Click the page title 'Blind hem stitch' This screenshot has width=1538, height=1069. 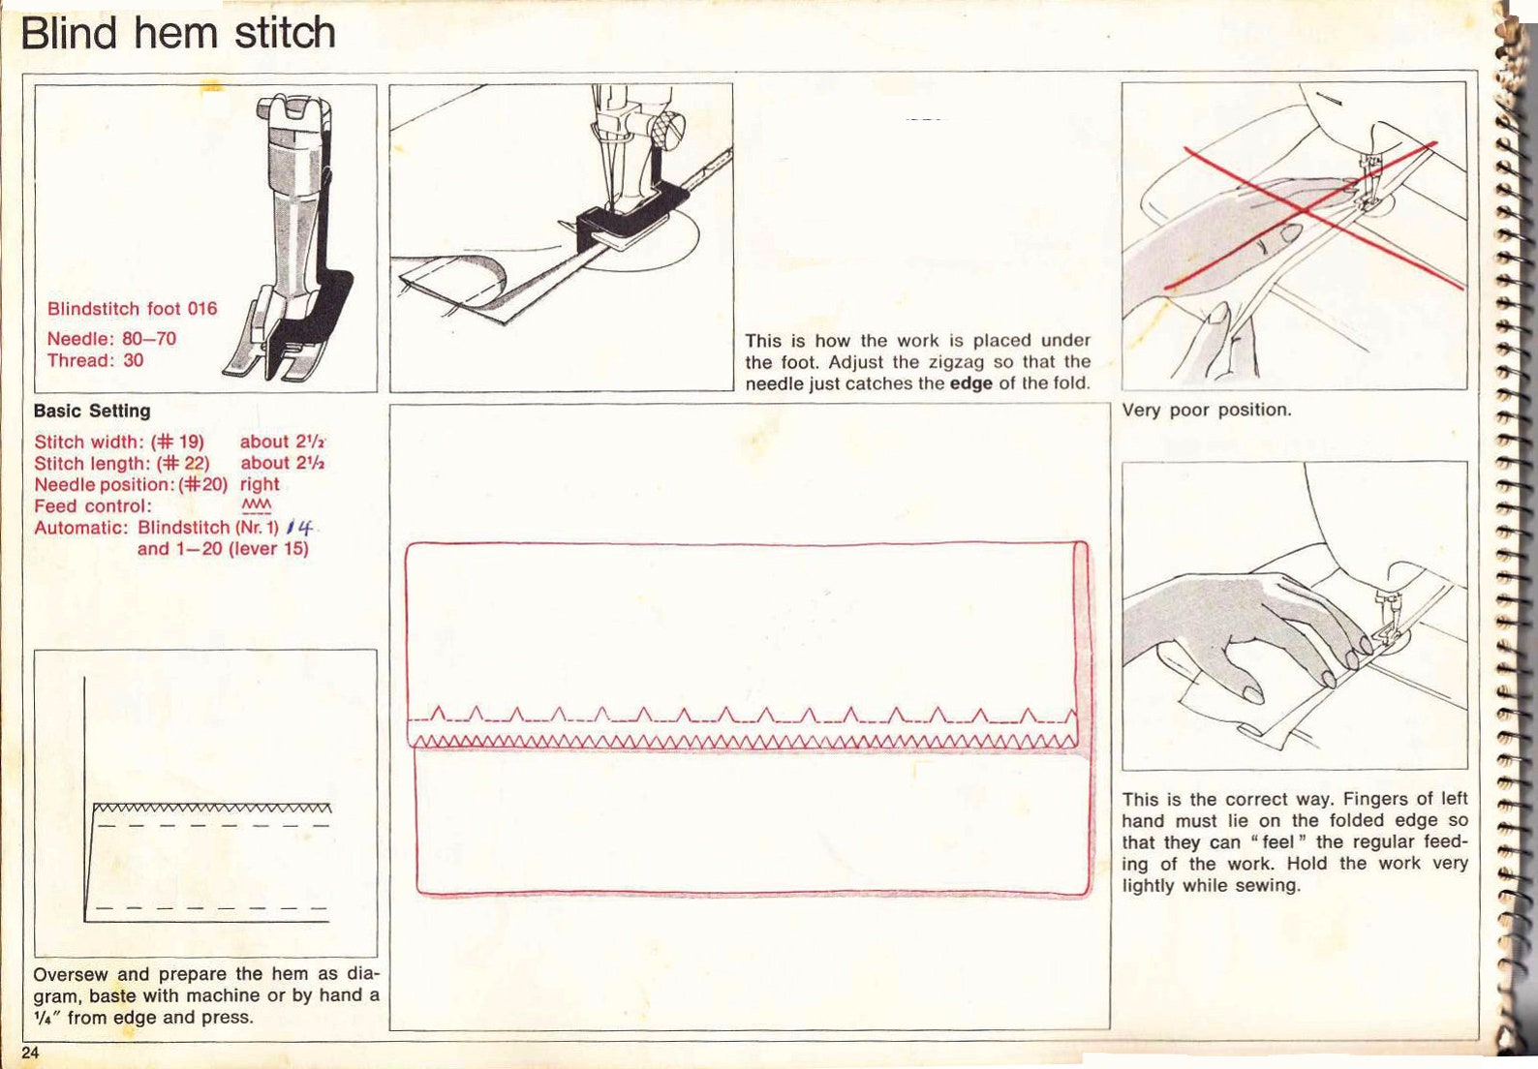coord(178,33)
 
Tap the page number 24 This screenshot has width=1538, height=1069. coord(30,1054)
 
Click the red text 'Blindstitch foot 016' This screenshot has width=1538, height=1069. coord(132,309)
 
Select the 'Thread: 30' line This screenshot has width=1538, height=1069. coord(95,360)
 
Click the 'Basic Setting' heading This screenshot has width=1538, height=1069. coord(92,411)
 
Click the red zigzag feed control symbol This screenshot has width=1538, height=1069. coord(256,506)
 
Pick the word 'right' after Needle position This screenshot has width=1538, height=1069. coord(260,484)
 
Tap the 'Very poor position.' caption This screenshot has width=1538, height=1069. coord(1206,410)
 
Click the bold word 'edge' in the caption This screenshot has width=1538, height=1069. coord(970,383)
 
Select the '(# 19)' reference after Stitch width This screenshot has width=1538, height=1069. coord(177,442)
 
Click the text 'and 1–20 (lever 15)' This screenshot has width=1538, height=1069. coord(223,549)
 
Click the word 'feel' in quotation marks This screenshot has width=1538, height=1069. coord(1277,842)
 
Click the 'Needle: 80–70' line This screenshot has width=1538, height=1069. coord(111,339)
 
